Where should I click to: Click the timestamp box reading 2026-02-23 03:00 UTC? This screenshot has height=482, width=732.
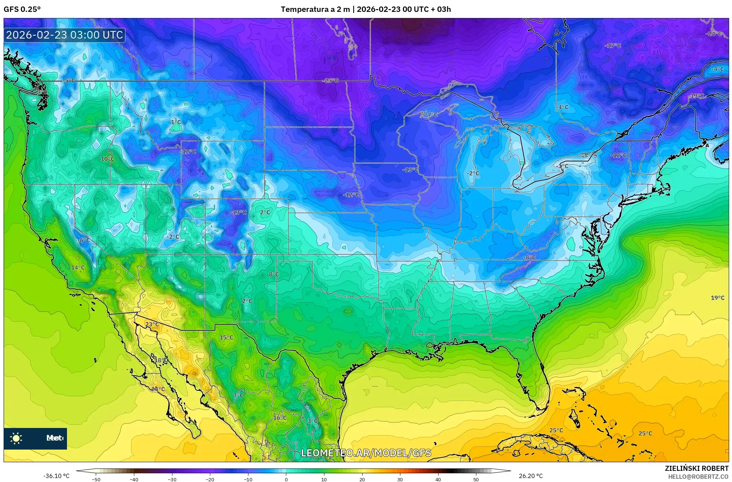click(x=64, y=35)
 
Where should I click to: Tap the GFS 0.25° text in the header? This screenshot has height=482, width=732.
click(x=22, y=9)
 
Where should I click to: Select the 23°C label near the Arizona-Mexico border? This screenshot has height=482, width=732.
click(x=152, y=325)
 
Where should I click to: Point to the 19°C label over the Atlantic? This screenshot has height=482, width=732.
click(x=717, y=298)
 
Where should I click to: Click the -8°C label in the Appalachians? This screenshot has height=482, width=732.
click(x=529, y=258)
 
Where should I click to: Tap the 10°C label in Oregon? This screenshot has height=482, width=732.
click(x=107, y=159)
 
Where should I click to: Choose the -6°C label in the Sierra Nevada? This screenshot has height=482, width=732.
click(x=84, y=240)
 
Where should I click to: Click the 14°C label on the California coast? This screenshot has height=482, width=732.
click(x=78, y=268)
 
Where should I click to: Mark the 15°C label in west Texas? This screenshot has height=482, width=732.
click(x=226, y=338)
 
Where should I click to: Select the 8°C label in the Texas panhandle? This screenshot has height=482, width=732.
click(x=274, y=275)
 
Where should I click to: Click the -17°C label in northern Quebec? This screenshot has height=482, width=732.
click(x=612, y=46)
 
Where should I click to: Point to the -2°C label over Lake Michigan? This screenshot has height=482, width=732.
click(x=473, y=173)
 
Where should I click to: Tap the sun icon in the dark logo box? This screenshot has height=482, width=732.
click(x=16, y=438)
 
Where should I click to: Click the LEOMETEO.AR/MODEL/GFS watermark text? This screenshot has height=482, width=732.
click(x=366, y=453)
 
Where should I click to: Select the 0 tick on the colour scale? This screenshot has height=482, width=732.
click(x=286, y=479)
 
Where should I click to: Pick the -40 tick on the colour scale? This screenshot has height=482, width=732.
click(x=134, y=479)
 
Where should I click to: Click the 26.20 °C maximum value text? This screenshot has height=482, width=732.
click(x=530, y=476)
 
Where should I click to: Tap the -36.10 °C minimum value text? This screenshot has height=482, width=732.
click(x=57, y=476)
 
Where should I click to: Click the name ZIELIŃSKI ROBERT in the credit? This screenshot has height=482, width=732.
click(x=696, y=469)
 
